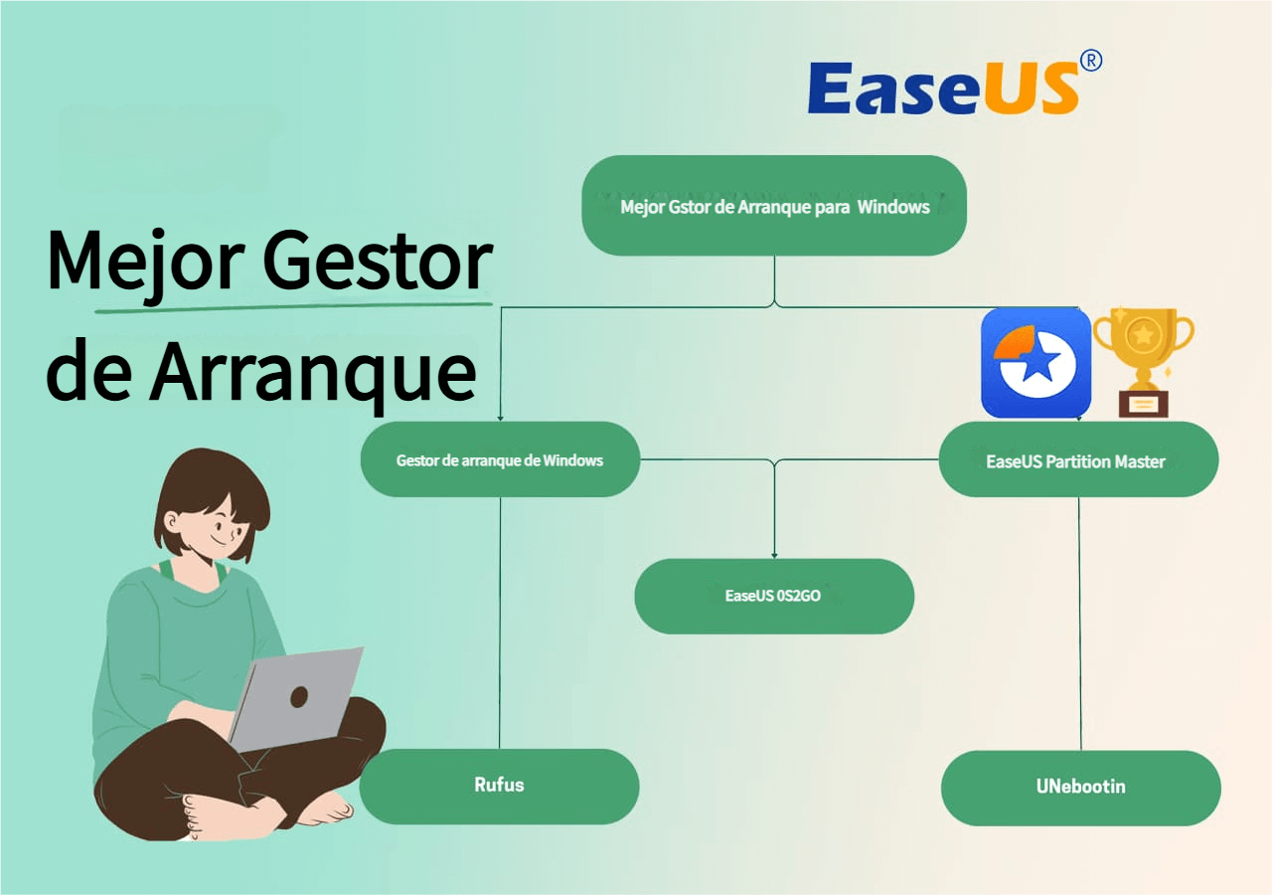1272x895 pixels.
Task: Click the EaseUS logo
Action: [954, 85]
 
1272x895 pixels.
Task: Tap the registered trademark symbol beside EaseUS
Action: [1091, 61]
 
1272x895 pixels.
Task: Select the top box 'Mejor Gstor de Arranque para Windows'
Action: [774, 205]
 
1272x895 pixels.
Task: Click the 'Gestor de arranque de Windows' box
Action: [500, 459]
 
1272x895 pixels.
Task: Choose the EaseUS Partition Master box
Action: [1078, 459]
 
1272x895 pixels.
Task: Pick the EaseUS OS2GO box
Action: [774, 596]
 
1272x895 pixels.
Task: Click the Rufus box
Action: [499, 787]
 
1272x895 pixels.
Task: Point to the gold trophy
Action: [1143, 362]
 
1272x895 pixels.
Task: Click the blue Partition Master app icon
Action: [1035, 363]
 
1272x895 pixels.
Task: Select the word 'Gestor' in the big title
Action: [377, 262]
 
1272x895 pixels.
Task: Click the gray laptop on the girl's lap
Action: [295, 699]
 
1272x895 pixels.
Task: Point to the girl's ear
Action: [170, 521]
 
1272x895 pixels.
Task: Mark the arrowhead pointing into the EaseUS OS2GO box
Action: [774, 555]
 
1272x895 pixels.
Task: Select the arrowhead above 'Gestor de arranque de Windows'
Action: [500, 419]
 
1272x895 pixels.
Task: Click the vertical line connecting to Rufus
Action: [500, 623]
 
